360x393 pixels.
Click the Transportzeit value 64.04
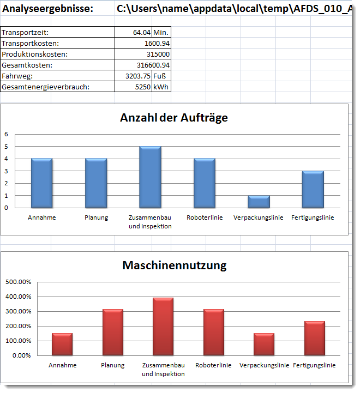click(x=141, y=33)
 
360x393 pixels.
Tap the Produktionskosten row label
click(x=35, y=54)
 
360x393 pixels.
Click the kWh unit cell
click(x=161, y=87)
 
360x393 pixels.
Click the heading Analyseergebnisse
click(x=48, y=9)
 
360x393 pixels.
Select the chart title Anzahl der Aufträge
click(x=174, y=117)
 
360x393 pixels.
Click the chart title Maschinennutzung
click(x=174, y=265)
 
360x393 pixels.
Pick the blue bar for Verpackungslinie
click(x=259, y=201)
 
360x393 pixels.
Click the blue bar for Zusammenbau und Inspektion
click(x=150, y=177)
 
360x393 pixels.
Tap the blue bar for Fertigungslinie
click(x=313, y=189)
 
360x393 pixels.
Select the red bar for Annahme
click(x=62, y=344)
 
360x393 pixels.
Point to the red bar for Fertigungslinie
click(x=315, y=338)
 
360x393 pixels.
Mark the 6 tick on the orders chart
click(x=7, y=134)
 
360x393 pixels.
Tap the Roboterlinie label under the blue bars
click(x=204, y=217)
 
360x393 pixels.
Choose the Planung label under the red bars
click(x=113, y=365)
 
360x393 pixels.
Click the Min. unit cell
click(x=160, y=33)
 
